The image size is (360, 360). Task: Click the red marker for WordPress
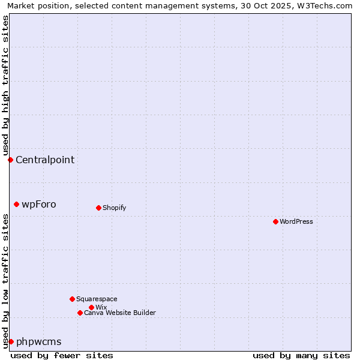(275, 221)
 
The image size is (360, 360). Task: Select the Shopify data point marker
(98, 208)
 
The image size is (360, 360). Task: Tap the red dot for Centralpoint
(10, 160)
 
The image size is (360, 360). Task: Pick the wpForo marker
(16, 204)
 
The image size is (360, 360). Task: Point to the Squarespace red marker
(72, 299)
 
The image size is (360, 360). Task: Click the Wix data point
(91, 307)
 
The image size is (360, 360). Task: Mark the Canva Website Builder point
(80, 313)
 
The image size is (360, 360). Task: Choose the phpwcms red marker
(11, 341)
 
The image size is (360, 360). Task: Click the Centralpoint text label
(45, 160)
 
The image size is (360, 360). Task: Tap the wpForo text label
(39, 204)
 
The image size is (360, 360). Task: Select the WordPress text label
(296, 221)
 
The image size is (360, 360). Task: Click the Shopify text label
(115, 208)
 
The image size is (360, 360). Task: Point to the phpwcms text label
(39, 341)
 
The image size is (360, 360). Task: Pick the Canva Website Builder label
(120, 313)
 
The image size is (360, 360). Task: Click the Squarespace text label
(97, 299)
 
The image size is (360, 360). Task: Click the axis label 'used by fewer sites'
(62, 355)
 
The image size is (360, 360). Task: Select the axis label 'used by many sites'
(301, 355)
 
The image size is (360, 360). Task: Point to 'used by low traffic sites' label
(5, 281)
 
